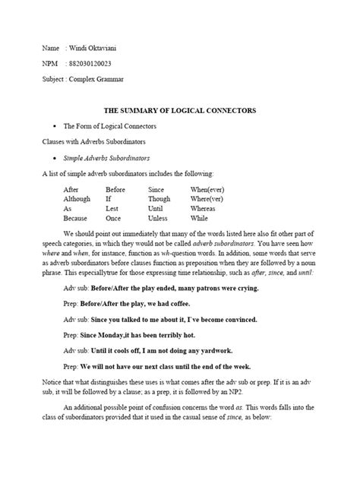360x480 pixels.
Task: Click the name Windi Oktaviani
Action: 93,46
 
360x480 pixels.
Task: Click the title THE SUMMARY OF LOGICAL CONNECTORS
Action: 180,110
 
